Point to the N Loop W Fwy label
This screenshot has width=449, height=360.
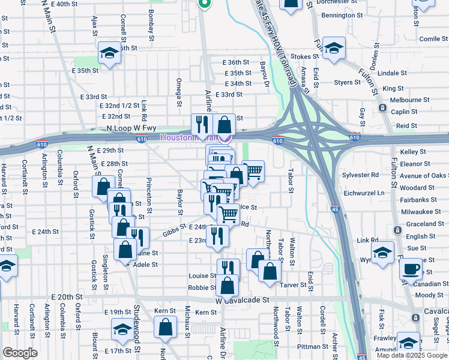(x=126, y=128)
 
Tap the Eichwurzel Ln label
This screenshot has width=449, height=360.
(x=364, y=193)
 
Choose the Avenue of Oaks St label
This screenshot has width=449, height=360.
(x=424, y=176)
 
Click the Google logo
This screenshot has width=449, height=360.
(x=20, y=353)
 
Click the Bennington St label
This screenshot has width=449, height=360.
(x=342, y=14)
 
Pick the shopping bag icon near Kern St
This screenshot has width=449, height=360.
(x=165, y=328)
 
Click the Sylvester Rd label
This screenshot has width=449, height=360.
(x=362, y=175)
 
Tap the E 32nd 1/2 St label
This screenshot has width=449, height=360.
(x=121, y=106)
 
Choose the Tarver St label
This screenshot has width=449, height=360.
(x=292, y=286)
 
